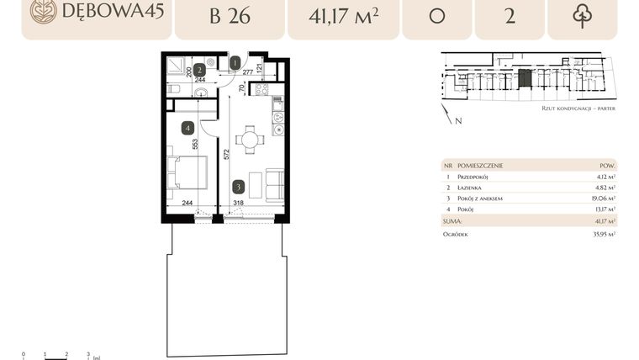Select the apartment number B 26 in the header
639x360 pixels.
(228, 16)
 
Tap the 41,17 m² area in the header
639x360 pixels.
(342, 16)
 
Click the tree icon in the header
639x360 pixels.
(582, 16)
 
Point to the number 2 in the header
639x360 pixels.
(510, 16)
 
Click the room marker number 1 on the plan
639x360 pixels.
(235, 62)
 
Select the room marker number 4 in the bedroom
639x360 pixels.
(188, 128)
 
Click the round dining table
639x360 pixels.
(250, 139)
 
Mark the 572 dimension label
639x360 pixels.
(225, 154)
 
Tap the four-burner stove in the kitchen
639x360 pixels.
(261, 88)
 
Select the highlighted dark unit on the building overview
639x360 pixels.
(525, 81)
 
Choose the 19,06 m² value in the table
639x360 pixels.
(601, 199)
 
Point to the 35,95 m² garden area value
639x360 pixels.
(601, 235)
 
